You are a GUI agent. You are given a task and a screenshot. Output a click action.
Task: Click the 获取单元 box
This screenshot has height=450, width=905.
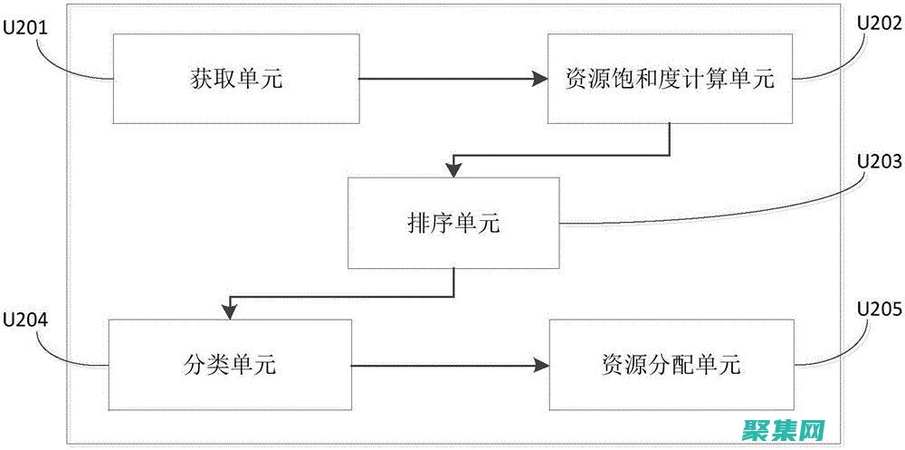click(234, 79)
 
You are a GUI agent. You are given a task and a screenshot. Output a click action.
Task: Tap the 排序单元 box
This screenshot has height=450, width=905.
click(453, 223)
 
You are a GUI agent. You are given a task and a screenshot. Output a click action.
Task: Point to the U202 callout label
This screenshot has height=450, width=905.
click(879, 24)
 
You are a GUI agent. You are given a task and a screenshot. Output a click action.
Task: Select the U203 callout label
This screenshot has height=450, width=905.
click(879, 163)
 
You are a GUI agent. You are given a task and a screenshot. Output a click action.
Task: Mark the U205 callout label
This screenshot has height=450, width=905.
click(879, 311)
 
